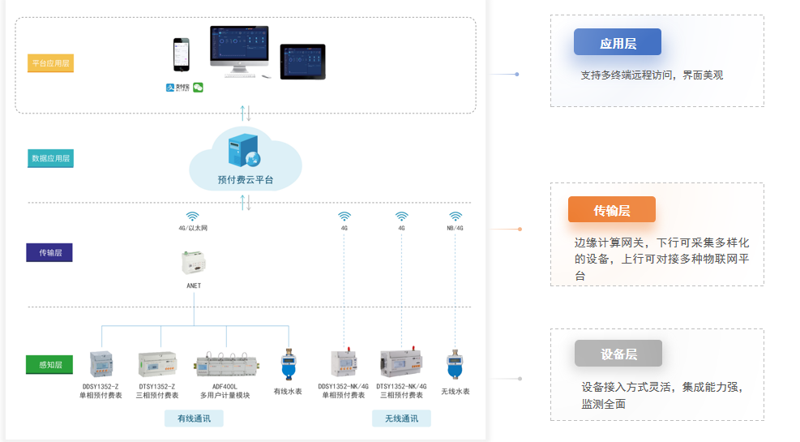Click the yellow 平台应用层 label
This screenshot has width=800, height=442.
50,63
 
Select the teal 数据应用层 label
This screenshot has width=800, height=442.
50,158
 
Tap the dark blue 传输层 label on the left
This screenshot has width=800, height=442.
49,252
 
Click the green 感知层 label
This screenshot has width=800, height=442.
49,364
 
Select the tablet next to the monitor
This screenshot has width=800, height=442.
302,62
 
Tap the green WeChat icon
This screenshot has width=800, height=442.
198,88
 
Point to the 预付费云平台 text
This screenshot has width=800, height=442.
246,180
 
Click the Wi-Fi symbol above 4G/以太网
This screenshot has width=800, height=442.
193,217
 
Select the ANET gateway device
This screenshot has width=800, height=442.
194,263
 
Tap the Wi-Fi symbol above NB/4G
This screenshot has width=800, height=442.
456,217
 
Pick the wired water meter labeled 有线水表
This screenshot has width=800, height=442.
288,366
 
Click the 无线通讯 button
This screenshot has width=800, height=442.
401,418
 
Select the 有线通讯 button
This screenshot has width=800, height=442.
194,418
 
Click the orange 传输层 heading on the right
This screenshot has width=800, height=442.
612,210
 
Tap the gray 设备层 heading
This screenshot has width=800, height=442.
618,354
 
